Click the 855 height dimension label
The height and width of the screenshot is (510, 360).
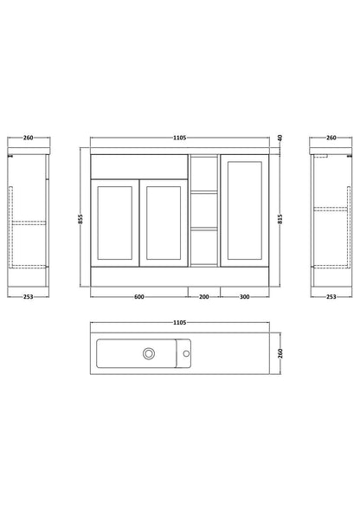[x=80, y=218]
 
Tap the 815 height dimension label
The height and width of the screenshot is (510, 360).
[x=280, y=218]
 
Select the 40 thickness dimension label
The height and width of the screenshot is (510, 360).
[x=280, y=138]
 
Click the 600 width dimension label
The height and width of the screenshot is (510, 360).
[x=138, y=297]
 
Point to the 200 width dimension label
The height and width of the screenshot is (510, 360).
[x=204, y=297]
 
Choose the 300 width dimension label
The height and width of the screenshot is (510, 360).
[x=245, y=297]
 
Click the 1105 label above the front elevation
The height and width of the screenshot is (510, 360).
[x=179, y=138]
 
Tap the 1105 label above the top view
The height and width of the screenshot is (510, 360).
[x=179, y=322]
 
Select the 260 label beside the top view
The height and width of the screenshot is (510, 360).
[x=280, y=353]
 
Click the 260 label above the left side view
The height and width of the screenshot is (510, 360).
[x=29, y=138]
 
